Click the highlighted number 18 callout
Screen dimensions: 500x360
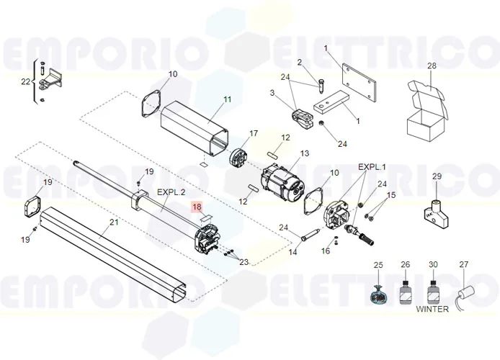[197, 207]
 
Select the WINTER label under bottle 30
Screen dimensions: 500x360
[432, 309]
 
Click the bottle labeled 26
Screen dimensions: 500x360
[405, 292]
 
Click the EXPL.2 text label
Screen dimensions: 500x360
[171, 192]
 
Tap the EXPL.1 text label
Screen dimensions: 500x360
[372, 166]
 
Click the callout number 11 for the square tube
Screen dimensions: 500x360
[227, 99]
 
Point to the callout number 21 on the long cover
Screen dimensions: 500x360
[114, 222]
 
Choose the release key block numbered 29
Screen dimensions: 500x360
[436, 214]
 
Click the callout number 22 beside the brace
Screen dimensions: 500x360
[25, 81]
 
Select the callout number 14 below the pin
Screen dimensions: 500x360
[293, 252]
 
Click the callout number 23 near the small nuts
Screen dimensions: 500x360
[244, 262]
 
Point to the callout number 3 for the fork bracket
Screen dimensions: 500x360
[272, 92]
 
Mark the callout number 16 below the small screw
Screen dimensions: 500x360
[325, 251]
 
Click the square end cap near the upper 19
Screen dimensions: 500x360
[32, 207]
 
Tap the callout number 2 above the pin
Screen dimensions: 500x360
[299, 62]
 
